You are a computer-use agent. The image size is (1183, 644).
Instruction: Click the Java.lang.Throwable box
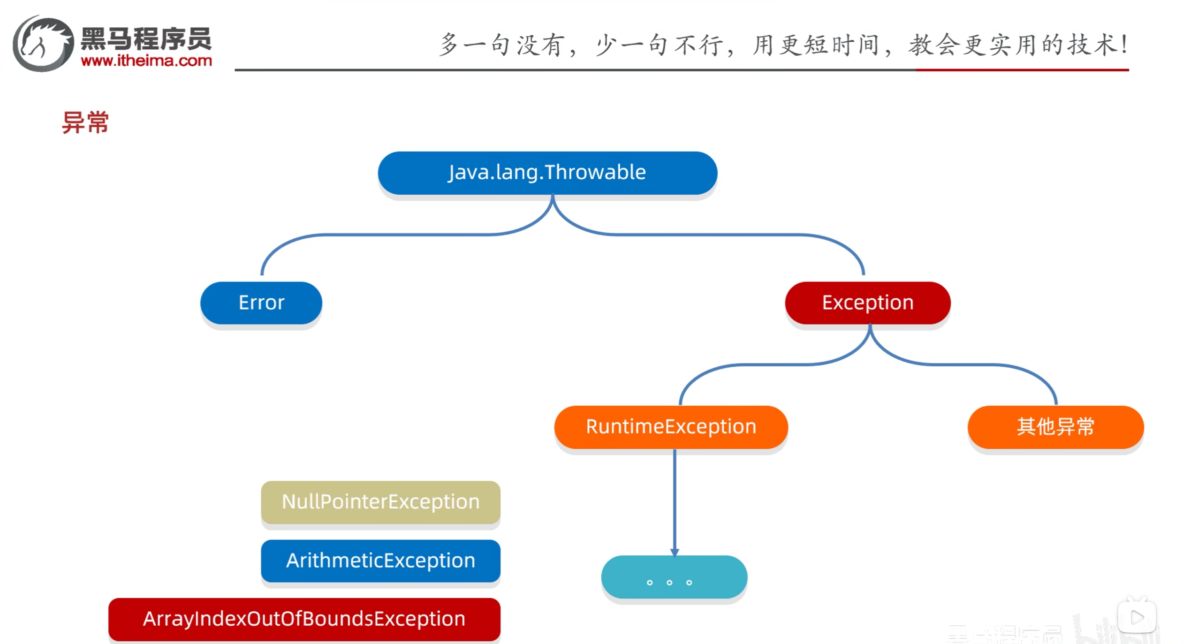click(547, 173)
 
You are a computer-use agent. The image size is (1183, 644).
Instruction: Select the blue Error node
click(261, 303)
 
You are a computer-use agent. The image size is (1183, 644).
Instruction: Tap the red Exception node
click(867, 303)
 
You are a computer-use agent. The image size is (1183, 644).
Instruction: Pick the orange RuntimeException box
click(671, 427)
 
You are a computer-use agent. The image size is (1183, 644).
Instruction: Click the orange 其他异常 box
click(1055, 427)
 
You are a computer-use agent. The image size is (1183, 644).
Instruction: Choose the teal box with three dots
click(674, 577)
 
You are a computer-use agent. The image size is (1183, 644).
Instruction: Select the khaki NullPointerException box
click(380, 502)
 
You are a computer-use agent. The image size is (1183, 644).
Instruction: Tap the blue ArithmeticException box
click(380, 561)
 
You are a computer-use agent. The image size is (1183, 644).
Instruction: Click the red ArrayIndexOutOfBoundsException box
click(304, 619)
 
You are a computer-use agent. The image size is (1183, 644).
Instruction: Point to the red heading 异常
click(85, 123)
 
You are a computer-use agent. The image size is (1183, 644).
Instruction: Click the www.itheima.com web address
click(146, 61)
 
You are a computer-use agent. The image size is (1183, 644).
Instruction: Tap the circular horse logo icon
click(43, 44)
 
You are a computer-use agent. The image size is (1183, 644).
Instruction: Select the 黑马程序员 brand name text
click(146, 38)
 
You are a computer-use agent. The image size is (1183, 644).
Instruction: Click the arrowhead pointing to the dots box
click(675, 552)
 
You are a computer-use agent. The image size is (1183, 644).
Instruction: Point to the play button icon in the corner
click(1137, 617)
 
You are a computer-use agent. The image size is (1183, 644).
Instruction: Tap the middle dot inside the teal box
click(669, 583)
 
